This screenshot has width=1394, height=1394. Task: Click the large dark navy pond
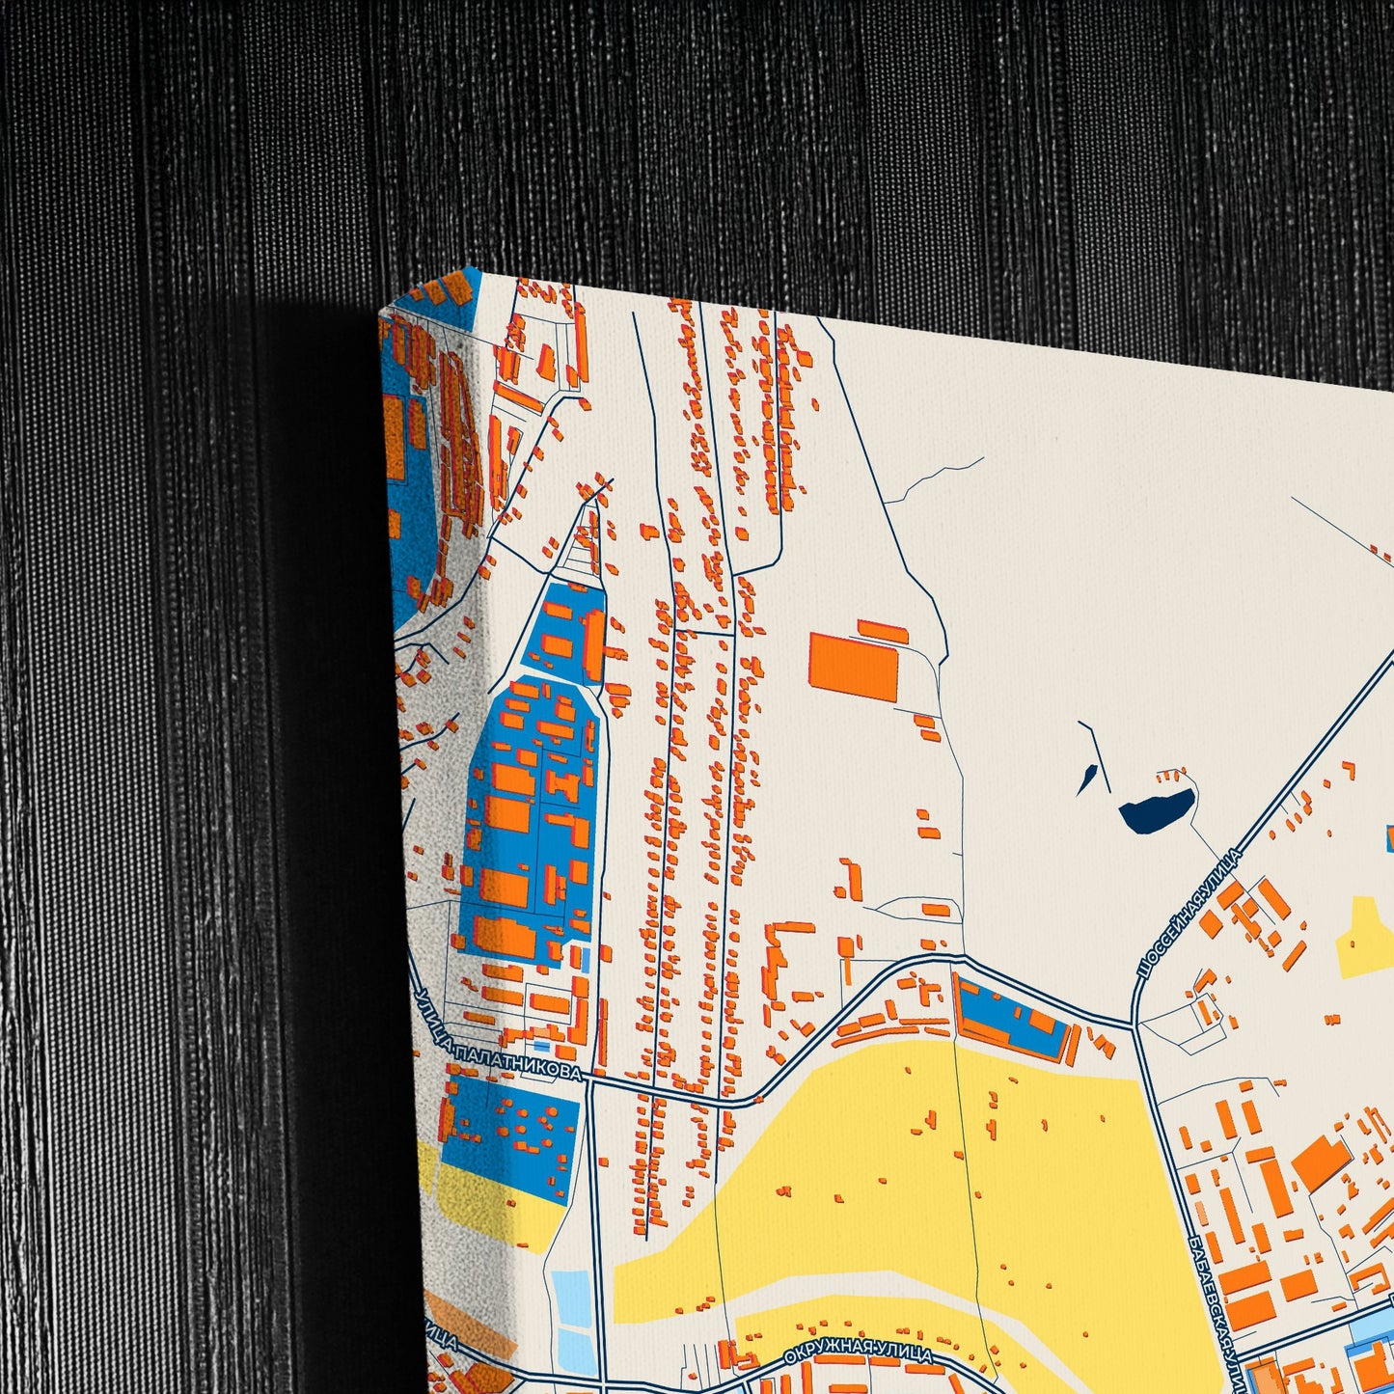(x=1156, y=808)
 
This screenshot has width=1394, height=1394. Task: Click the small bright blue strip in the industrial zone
(x=587, y=959)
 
